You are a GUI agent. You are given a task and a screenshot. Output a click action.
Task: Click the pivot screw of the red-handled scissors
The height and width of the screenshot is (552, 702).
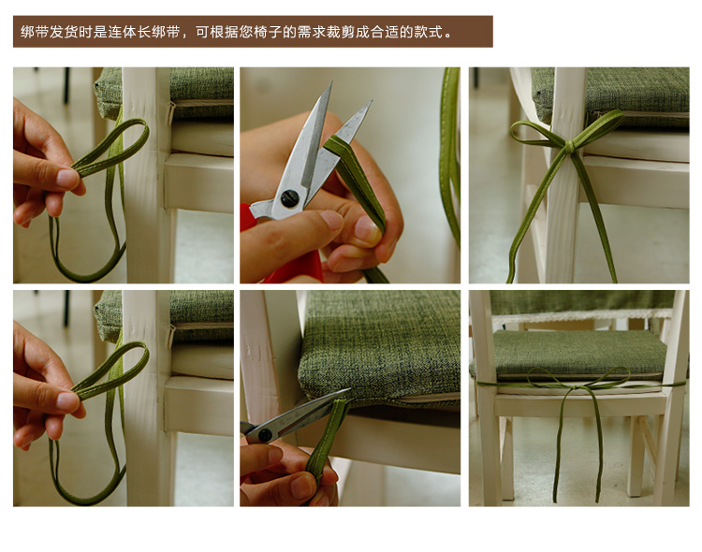click(x=289, y=198)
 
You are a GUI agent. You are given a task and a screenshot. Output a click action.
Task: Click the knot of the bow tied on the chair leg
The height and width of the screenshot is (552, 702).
click(x=569, y=146)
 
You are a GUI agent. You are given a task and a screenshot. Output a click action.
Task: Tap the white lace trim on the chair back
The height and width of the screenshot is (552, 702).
click(x=582, y=314)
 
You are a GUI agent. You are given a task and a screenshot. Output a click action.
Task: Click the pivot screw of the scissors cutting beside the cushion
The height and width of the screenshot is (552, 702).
click(x=264, y=434)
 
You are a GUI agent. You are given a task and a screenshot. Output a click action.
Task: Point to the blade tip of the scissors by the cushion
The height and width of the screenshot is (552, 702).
click(x=348, y=389)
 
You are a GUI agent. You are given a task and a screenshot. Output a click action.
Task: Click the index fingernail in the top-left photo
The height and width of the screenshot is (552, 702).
click(x=68, y=178)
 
